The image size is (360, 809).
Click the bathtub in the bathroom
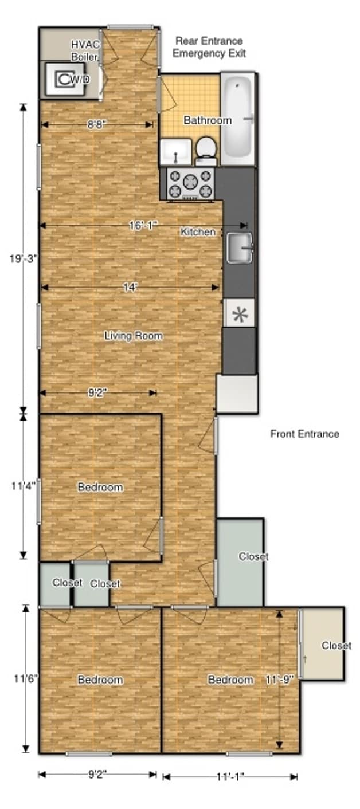pos(237,119)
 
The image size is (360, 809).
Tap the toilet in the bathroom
pos(205,151)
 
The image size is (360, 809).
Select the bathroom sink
pos(175,152)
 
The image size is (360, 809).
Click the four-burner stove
pos(190,183)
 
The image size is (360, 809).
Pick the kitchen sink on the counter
pos(238,248)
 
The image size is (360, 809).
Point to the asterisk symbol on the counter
pos(239,313)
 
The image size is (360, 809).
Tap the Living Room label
pos(133,336)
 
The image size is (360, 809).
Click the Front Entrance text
pos(304,434)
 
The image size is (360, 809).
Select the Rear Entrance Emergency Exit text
pos(209,47)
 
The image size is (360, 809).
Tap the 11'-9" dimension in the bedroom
pos(280,680)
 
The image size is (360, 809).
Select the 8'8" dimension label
pos(95,124)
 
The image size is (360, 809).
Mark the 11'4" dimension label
pos(24,485)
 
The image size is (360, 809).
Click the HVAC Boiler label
pos(84,50)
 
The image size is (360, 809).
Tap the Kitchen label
pos(198,232)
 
